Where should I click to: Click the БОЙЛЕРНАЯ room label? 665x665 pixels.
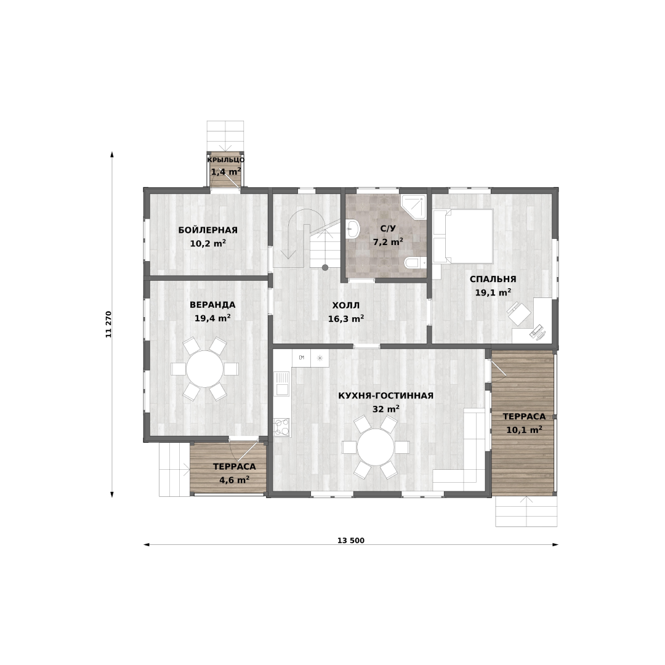coord(208,230)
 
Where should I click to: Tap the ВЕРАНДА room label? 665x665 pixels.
coord(212,305)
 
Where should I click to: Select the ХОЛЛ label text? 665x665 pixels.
coord(346,305)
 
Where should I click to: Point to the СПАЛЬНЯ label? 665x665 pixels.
coord(493,279)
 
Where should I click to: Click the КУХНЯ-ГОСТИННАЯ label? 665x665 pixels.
coord(386,396)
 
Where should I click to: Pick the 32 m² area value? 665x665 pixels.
coord(386,409)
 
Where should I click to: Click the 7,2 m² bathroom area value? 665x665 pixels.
coord(388,242)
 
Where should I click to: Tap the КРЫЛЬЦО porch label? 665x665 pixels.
coord(226,160)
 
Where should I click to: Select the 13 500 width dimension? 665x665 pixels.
coord(351,541)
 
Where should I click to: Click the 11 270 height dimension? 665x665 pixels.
coord(108,324)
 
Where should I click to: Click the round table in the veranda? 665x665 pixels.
coord(205,369)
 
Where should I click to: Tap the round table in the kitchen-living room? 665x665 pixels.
coord(376,447)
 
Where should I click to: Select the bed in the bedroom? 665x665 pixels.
coord(463,236)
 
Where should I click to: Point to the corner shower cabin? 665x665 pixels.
coord(414,206)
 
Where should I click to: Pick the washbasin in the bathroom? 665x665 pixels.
coord(352,230)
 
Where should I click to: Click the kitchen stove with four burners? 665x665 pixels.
coord(281,427)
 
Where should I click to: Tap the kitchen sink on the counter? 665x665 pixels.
coord(281,384)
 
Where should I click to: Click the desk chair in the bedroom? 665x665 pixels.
coord(519,313)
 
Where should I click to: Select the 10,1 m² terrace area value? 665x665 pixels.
coord(524,430)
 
